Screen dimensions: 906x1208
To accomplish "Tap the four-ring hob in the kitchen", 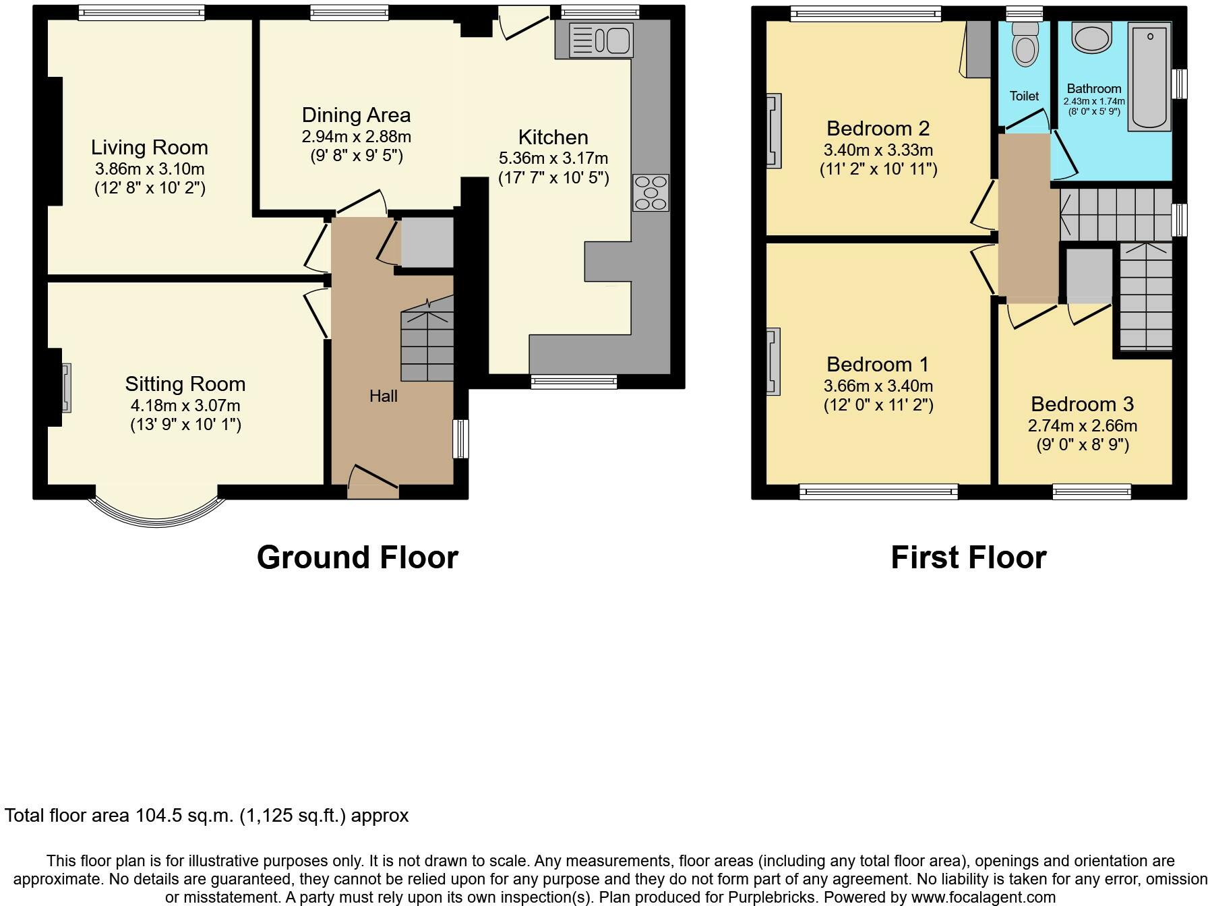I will click(x=651, y=192).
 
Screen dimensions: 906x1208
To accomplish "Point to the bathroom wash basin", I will click(x=1092, y=38).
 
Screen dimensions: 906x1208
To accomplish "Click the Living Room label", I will click(x=150, y=148).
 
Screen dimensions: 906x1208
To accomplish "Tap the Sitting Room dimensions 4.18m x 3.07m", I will click(x=185, y=406).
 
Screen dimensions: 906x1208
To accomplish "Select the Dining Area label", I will click(x=356, y=115).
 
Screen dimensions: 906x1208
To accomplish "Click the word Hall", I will click(x=383, y=396).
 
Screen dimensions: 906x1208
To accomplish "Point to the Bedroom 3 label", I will click(x=1082, y=404).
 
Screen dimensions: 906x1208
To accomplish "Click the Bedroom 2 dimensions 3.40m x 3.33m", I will click(x=878, y=150).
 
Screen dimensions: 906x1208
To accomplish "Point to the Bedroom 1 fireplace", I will click(x=773, y=361).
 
